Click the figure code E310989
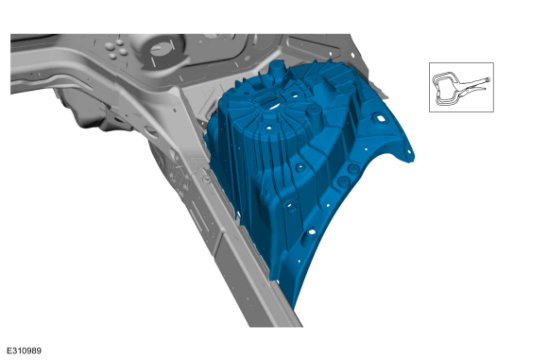click(25, 351)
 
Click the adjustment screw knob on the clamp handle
click(488, 79)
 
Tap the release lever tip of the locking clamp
click(484, 89)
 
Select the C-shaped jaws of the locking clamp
click(443, 89)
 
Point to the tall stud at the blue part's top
click(276, 70)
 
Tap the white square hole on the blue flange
click(380, 118)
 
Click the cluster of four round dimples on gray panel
click(117, 49)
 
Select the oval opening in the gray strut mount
click(162, 49)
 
